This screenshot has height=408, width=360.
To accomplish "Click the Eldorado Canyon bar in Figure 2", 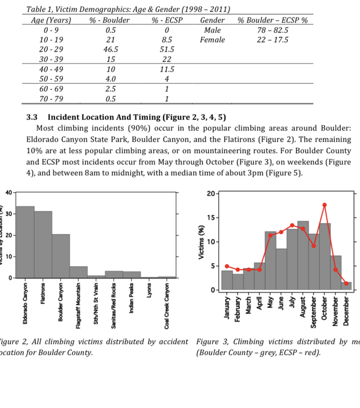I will click(25, 242).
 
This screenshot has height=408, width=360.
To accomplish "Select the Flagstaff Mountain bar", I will click(78, 272).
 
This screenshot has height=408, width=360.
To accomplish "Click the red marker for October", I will click(325, 205).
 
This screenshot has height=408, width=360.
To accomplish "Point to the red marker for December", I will click(346, 283).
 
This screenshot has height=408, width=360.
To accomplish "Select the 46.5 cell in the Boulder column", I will click(111, 49).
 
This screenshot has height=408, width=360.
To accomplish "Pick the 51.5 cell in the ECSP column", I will click(167, 49).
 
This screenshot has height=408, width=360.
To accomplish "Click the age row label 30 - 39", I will click(54, 59).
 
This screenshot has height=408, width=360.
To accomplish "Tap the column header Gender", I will click(212, 20).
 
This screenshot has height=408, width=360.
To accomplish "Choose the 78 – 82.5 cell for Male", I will click(272, 30).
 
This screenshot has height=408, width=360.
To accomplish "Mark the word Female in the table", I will click(212, 40).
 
